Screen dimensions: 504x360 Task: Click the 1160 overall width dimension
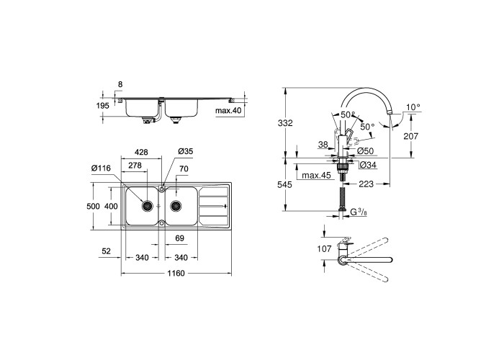(x=176, y=273)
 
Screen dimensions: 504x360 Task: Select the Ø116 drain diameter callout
(x=101, y=168)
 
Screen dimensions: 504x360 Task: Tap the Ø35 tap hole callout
(x=186, y=151)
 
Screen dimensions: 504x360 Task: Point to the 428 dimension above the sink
(x=141, y=152)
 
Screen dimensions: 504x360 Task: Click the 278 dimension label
(x=135, y=166)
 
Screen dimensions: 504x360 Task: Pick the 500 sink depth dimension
(x=93, y=206)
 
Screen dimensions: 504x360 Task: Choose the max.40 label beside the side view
(x=228, y=111)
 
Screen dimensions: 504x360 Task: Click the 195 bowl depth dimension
(x=103, y=105)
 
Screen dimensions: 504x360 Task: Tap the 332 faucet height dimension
(x=285, y=123)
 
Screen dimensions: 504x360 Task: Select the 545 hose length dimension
(x=285, y=184)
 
